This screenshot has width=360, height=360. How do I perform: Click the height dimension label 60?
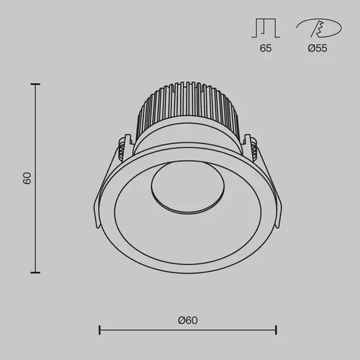click(x=27, y=178)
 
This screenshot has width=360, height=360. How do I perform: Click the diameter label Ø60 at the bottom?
click(x=188, y=320)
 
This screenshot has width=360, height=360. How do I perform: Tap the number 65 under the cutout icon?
click(x=265, y=49)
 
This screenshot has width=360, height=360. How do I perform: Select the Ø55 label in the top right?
click(x=317, y=49)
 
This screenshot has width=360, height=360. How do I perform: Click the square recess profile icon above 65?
click(x=265, y=28)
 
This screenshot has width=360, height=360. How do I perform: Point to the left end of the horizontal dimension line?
click(x=100, y=330)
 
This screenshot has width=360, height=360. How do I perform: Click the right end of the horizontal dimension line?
click(x=276, y=330)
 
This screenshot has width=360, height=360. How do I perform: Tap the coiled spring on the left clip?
click(x=121, y=150)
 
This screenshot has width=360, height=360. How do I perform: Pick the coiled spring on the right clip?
click(x=253, y=150)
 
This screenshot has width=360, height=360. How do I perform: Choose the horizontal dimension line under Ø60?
click(x=188, y=330)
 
